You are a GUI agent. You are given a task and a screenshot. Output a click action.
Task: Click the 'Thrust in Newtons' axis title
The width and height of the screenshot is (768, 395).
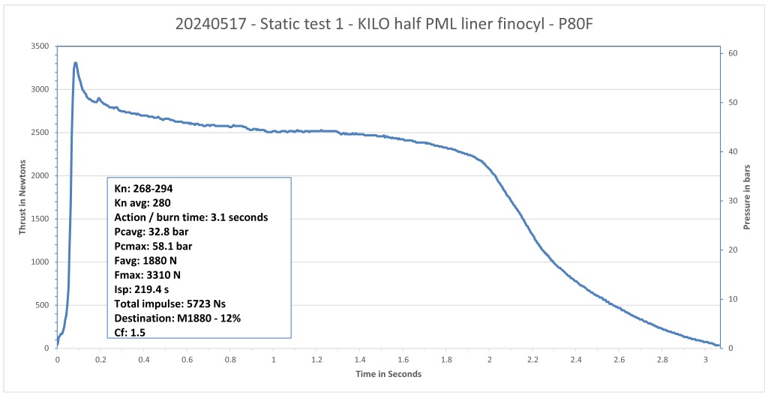(x=22, y=196)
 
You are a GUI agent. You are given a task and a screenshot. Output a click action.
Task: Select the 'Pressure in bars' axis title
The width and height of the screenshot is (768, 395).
(x=746, y=196)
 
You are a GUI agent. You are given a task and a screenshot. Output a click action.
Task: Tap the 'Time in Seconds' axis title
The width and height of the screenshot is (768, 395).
(x=388, y=373)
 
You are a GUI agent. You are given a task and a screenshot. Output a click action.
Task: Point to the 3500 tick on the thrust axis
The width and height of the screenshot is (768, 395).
(x=39, y=46)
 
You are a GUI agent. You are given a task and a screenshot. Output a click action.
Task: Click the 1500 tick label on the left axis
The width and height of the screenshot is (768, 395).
(x=39, y=219)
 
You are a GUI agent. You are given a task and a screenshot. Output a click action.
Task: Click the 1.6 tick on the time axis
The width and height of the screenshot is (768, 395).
(x=403, y=359)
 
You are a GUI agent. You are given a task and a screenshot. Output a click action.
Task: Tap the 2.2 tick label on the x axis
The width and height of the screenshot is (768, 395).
(x=532, y=359)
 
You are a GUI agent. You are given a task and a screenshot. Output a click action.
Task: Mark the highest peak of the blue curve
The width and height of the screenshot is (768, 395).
(x=75, y=63)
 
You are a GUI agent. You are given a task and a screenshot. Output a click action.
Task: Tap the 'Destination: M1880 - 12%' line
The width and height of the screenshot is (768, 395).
(x=177, y=317)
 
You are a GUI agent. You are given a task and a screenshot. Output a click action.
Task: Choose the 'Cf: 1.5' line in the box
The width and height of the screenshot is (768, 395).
(x=130, y=331)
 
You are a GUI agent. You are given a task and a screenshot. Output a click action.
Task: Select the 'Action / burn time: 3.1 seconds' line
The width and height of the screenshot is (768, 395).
(x=190, y=217)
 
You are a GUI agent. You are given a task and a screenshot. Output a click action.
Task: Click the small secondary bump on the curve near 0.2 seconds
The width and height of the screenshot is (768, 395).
(x=99, y=98)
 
